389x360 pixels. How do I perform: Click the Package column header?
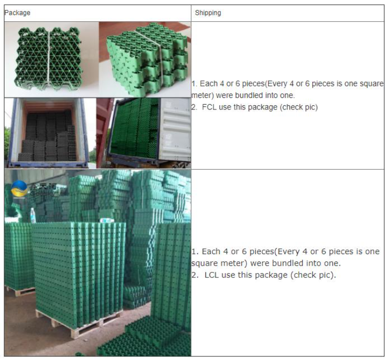click(17, 13)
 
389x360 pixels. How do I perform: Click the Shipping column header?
click(208, 13)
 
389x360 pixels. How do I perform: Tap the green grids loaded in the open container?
click(132, 132)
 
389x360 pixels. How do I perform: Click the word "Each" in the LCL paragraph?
click(211, 252)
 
